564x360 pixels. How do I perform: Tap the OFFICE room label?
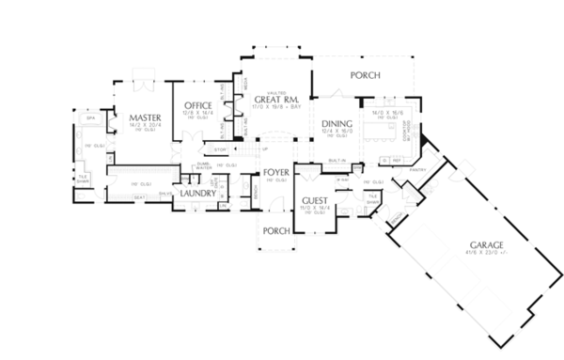pyautogui.click(x=198, y=104)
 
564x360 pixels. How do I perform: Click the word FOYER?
pyautogui.click(x=275, y=172)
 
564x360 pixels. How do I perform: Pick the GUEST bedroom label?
pyautogui.click(x=314, y=201)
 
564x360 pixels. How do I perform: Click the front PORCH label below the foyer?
pyautogui.click(x=275, y=229)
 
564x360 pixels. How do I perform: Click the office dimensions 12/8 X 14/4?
pyautogui.click(x=199, y=112)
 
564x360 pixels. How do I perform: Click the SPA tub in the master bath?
pyautogui.click(x=92, y=119)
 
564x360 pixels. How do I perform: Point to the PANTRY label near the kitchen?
pyautogui.click(x=416, y=170)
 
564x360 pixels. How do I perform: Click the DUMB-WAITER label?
pyautogui.click(x=204, y=165)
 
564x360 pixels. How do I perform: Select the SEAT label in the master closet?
pyautogui.click(x=139, y=196)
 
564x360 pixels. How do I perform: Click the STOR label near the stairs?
pyautogui.click(x=221, y=149)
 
